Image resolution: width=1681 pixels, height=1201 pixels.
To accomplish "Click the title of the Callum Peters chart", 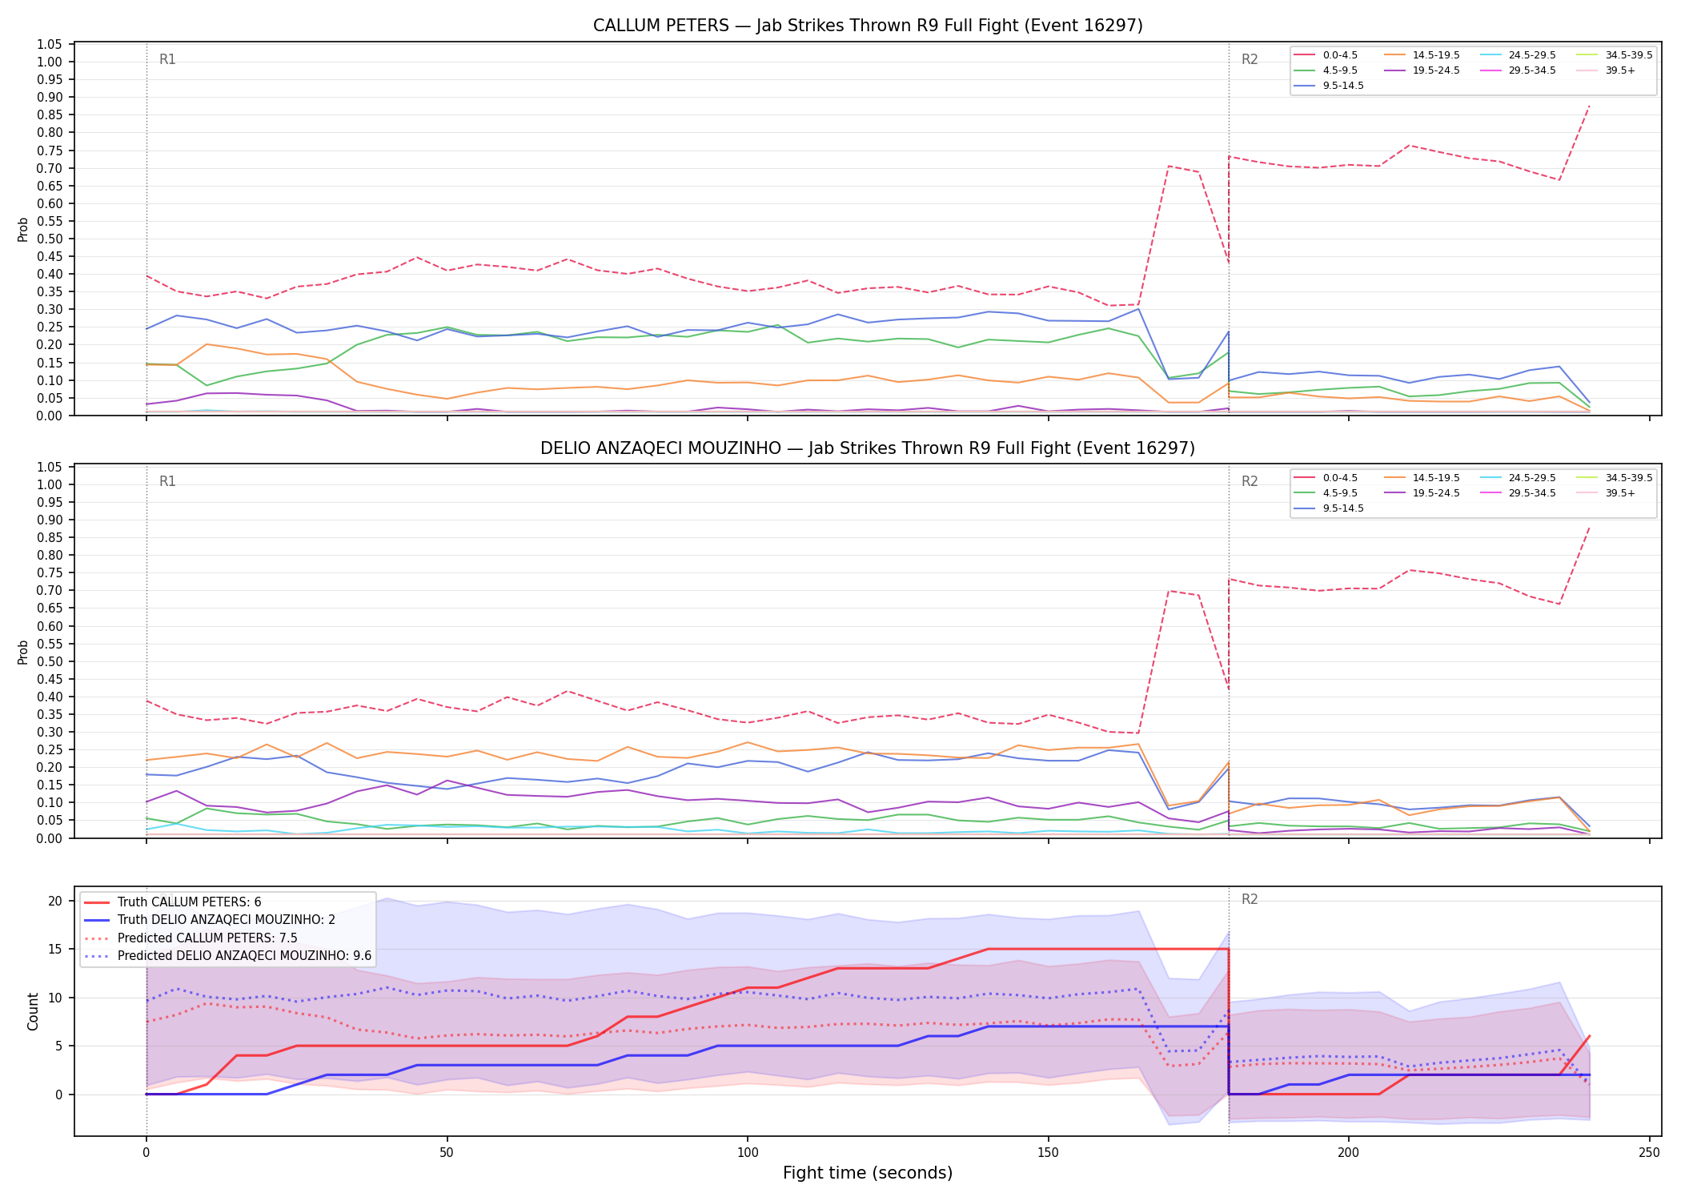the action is click(x=868, y=26).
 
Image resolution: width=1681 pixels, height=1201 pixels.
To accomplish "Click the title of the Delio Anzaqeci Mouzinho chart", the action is click(x=868, y=448).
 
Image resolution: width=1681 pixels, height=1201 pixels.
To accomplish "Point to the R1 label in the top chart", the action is click(x=167, y=59).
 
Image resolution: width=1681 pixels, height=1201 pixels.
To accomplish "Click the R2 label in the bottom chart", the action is click(x=1250, y=899).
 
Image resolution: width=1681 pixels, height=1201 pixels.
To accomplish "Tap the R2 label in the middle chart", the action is click(x=1250, y=481).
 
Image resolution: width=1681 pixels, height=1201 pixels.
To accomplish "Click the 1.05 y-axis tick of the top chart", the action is click(x=50, y=44).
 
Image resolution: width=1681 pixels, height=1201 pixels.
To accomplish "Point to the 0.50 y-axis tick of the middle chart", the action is click(x=50, y=661).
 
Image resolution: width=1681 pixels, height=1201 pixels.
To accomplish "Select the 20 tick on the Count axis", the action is click(x=55, y=901).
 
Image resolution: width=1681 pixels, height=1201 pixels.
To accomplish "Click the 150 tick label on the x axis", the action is click(x=1048, y=1153).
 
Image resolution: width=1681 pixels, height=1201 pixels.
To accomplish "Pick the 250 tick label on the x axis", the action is click(x=1649, y=1153).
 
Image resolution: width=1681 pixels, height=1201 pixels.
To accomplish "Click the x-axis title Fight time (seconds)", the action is click(x=868, y=1173).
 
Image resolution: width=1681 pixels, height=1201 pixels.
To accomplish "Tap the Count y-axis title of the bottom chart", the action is click(x=33, y=1011).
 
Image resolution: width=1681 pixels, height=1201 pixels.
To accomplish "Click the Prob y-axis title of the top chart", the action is click(x=23, y=229).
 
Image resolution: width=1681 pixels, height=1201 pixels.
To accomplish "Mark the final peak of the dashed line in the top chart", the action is click(x=1589, y=106).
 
